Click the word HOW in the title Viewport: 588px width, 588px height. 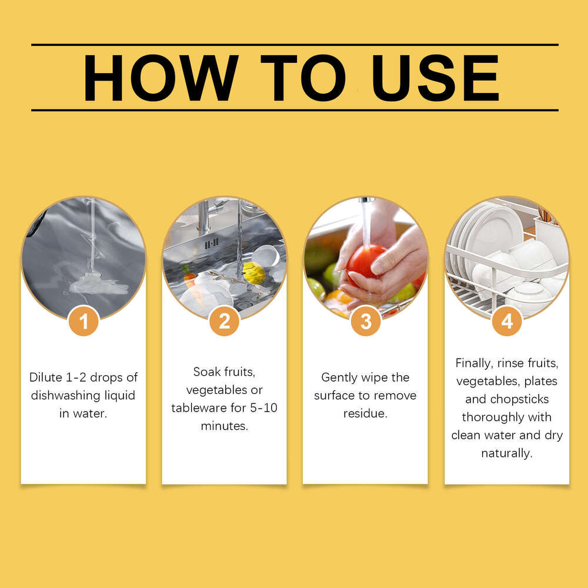pos(161,78)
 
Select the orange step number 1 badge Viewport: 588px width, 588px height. pos(83,321)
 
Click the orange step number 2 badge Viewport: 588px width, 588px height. pos(224,321)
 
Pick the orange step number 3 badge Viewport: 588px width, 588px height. pos(366,321)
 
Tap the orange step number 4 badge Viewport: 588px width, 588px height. pos(507,321)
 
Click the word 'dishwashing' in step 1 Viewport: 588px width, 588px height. pos(65,396)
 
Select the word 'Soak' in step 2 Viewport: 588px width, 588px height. pos(208,372)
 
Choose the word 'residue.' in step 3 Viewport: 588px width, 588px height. pos(365,414)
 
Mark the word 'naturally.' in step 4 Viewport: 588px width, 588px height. pos(507,453)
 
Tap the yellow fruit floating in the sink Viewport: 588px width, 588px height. pos(253,273)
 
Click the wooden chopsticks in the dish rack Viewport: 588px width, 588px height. pos(546,215)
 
